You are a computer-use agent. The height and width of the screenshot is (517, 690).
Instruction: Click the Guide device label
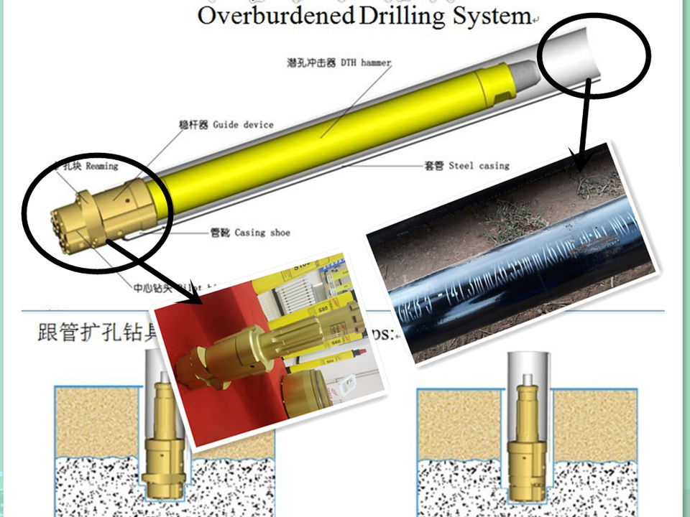243,125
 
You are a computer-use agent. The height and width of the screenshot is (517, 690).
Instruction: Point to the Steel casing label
479,166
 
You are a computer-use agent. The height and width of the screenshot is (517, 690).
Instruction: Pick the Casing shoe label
261,233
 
